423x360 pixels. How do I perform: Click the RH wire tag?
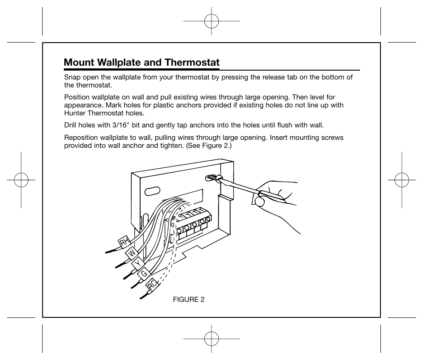(x=125, y=242)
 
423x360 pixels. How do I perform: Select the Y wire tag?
(x=139, y=263)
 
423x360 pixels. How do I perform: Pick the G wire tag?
(x=145, y=274)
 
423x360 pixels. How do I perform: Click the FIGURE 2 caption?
(x=188, y=299)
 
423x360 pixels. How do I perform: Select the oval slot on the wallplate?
(x=152, y=191)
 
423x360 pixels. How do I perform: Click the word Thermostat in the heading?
(x=192, y=63)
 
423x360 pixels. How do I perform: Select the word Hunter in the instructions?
(x=75, y=113)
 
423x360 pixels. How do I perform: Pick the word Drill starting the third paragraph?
(x=71, y=125)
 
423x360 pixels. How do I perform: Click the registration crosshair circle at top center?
(x=211, y=21)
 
